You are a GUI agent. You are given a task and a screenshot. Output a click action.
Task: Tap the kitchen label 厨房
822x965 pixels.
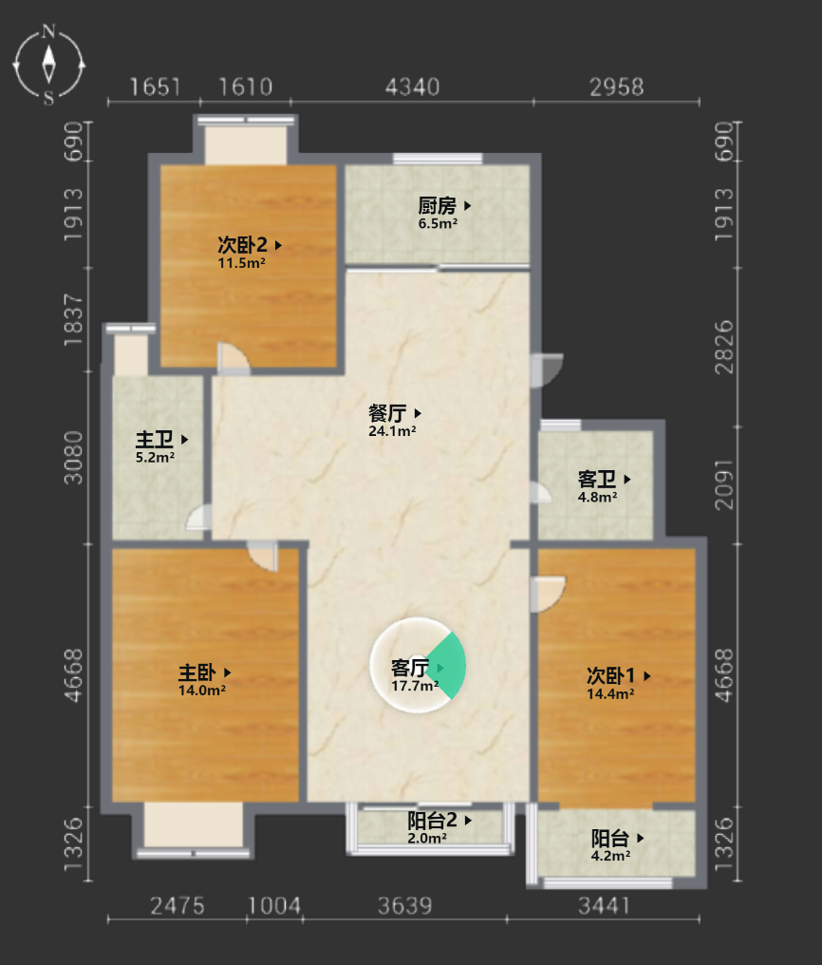pos(438,205)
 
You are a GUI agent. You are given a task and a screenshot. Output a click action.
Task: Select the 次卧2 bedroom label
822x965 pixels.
pos(242,245)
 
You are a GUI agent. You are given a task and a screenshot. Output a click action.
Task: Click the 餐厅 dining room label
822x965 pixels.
pos(387,413)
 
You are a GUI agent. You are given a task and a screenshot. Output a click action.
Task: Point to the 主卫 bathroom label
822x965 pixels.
pos(155,440)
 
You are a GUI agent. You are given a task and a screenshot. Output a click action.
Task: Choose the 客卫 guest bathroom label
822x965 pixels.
pos(596,479)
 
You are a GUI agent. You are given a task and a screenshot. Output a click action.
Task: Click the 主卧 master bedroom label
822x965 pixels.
pos(196,672)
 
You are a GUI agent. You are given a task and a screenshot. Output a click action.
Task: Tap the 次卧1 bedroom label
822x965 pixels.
pos(610,675)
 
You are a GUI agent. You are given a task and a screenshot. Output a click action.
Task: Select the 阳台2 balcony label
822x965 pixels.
pos(432,820)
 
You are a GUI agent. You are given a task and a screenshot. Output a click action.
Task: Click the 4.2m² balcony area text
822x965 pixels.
pos(610,856)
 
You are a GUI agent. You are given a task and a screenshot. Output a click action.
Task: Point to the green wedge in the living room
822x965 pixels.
pos(447,666)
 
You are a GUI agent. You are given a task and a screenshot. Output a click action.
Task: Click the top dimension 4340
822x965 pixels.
pos(413,87)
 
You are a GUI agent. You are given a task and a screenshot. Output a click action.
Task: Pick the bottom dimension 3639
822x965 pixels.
pos(405,906)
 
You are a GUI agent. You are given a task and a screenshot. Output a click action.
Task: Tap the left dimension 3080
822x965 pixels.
pos(73,457)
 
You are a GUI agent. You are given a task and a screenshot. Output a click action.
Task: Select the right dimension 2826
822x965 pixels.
pos(724,347)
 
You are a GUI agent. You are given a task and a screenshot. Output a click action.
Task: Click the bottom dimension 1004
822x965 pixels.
pos(274,906)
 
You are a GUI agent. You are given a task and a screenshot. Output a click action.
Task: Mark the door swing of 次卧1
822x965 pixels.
pos(549,595)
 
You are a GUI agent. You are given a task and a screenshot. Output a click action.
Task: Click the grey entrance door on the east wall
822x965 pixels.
pos(547,369)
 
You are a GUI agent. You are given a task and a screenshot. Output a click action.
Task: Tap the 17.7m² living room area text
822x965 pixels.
pos(415,686)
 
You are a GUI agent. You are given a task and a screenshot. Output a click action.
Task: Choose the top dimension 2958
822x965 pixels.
pos(617,87)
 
